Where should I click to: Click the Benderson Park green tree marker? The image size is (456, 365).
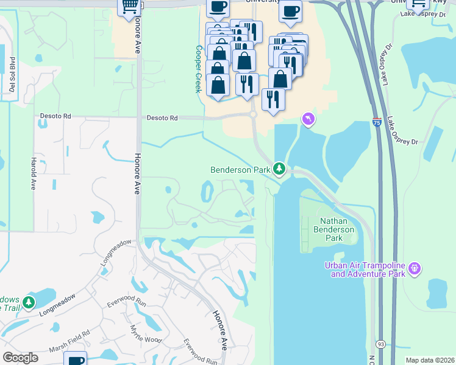279,168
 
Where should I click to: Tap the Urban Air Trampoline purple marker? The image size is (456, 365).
415,267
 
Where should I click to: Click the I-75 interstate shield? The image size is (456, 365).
377,122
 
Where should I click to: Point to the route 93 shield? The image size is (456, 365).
380,344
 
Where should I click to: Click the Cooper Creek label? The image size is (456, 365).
199,69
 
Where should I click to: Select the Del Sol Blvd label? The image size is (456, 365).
12,77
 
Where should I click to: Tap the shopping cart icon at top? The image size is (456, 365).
130,6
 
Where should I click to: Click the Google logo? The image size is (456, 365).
20,358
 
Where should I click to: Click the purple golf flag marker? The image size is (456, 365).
308,119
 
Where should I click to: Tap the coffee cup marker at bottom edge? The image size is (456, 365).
76,359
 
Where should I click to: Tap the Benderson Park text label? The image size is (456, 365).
240,170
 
